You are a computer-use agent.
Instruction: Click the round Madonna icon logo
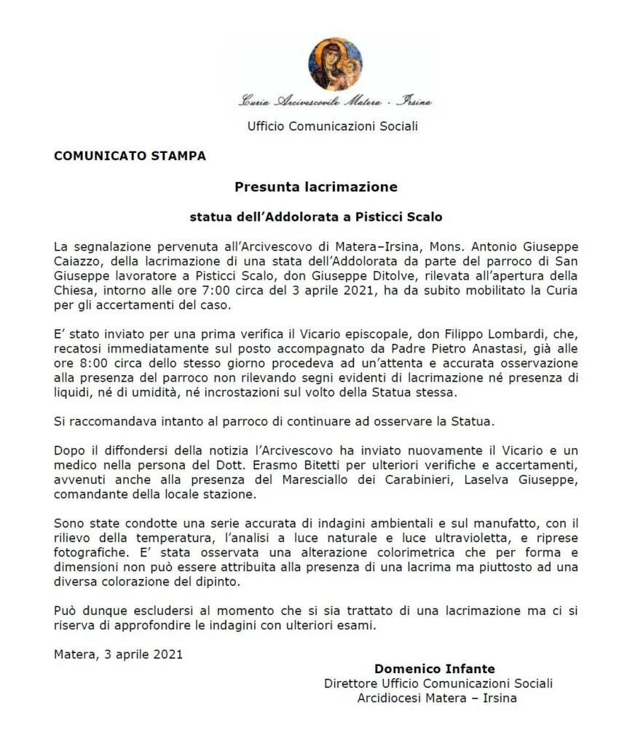click(335, 64)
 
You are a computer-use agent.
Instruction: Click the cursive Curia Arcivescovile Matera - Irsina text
click(335, 102)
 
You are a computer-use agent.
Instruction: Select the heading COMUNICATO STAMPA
click(130, 155)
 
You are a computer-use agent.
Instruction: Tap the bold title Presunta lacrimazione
click(316, 186)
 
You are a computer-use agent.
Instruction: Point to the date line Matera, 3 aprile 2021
click(118, 653)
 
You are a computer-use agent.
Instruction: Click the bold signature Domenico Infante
click(435, 668)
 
